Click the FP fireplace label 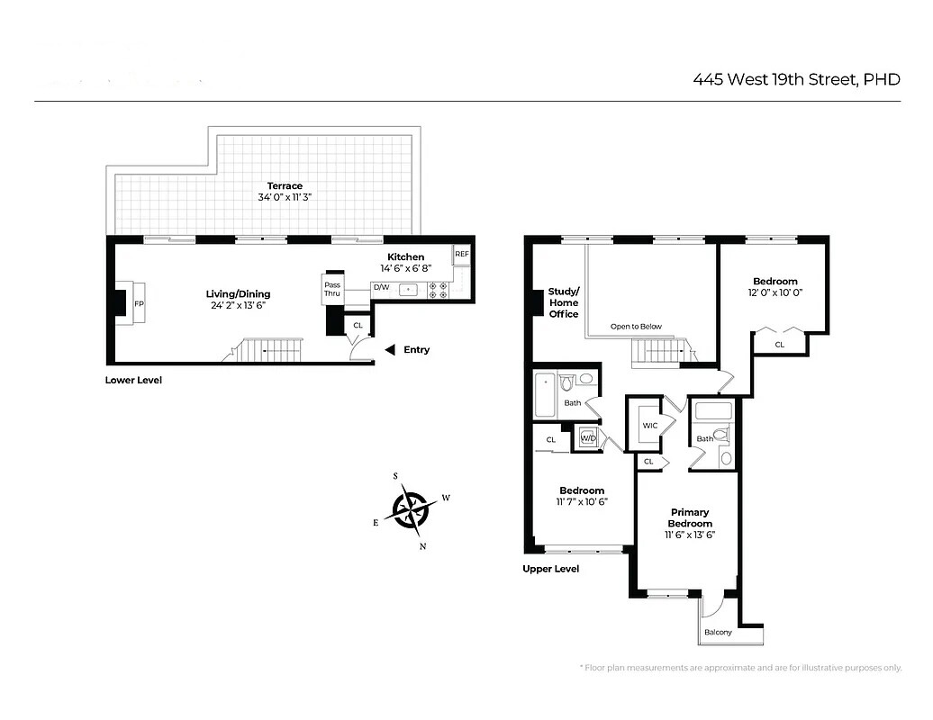pyautogui.click(x=138, y=304)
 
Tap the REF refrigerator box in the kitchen pyautogui.click(x=461, y=255)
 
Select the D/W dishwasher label pyautogui.click(x=381, y=289)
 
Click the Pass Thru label pyautogui.click(x=332, y=289)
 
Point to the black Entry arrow pyautogui.click(x=389, y=350)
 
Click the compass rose pyautogui.click(x=412, y=509)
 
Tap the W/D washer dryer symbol pyautogui.click(x=588, y=437)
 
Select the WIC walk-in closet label pyautogui.click(x=650, y=426)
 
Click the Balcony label pyautogui.click(x=718, y=632)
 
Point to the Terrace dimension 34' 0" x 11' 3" pyautogui.click(x=285, y=196)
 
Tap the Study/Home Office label pyautogui.click(x=565, y=302)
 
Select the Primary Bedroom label pyautogui.click(x=690, y=517)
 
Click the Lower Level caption pyautogui.click(x=133, y=381)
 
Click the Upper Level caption pyautogui.click(x=551, y=569)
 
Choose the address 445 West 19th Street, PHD pyautogui.click(x=796, y=79)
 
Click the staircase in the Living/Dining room pyautogui.click(x=270, y=350)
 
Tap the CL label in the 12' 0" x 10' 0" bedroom pyautogui.click(x=779, y=344)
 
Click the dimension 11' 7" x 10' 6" pyautogui.click(x=581, y=501)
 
